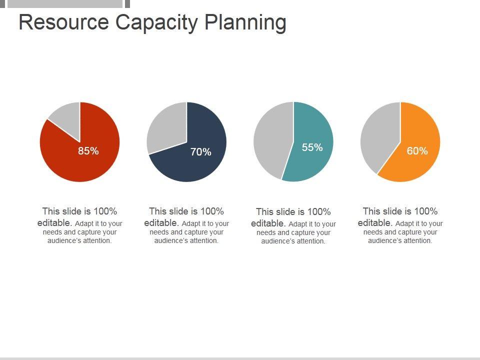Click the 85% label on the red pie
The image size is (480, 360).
88,151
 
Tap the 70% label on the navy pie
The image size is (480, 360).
200,152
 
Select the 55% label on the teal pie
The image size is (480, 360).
312,147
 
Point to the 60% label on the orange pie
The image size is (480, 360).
417,151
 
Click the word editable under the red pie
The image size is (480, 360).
55,223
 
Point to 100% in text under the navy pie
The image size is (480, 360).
212,211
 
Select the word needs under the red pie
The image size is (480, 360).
52,232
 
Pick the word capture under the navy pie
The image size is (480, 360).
197,232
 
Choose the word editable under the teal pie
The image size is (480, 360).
268,223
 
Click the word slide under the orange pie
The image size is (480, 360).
393,211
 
